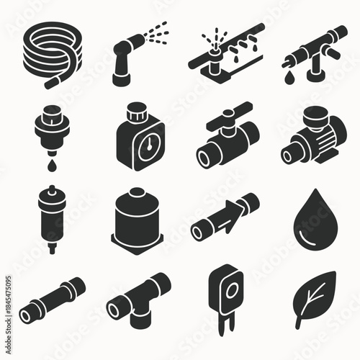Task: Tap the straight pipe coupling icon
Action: [x=53, y=299]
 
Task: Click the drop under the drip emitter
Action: [x=53, y=165]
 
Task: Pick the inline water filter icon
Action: [x=50, y=216]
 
